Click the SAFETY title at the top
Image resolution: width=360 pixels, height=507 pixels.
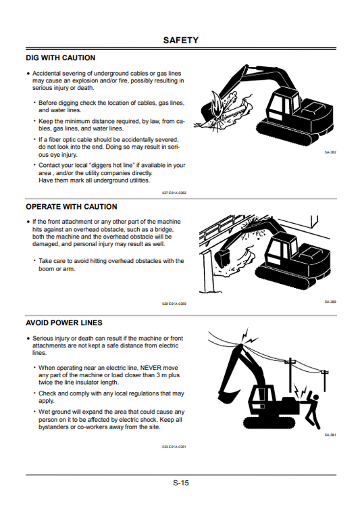(180, 41)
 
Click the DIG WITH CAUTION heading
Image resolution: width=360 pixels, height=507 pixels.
(60, 58)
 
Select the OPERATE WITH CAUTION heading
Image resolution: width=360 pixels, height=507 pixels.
(71, 207)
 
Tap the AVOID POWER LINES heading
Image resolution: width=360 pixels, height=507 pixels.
(64, 323)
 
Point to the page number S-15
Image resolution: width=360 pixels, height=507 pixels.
(180, 483)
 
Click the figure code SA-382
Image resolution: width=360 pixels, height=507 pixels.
(330, 152)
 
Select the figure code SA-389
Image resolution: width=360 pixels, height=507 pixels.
(330, 301)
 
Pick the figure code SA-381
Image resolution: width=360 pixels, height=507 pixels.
(330, 435)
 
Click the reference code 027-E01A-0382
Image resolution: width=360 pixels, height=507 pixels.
(174, 193)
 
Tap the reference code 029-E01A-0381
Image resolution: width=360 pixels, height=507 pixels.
(174, 447)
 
